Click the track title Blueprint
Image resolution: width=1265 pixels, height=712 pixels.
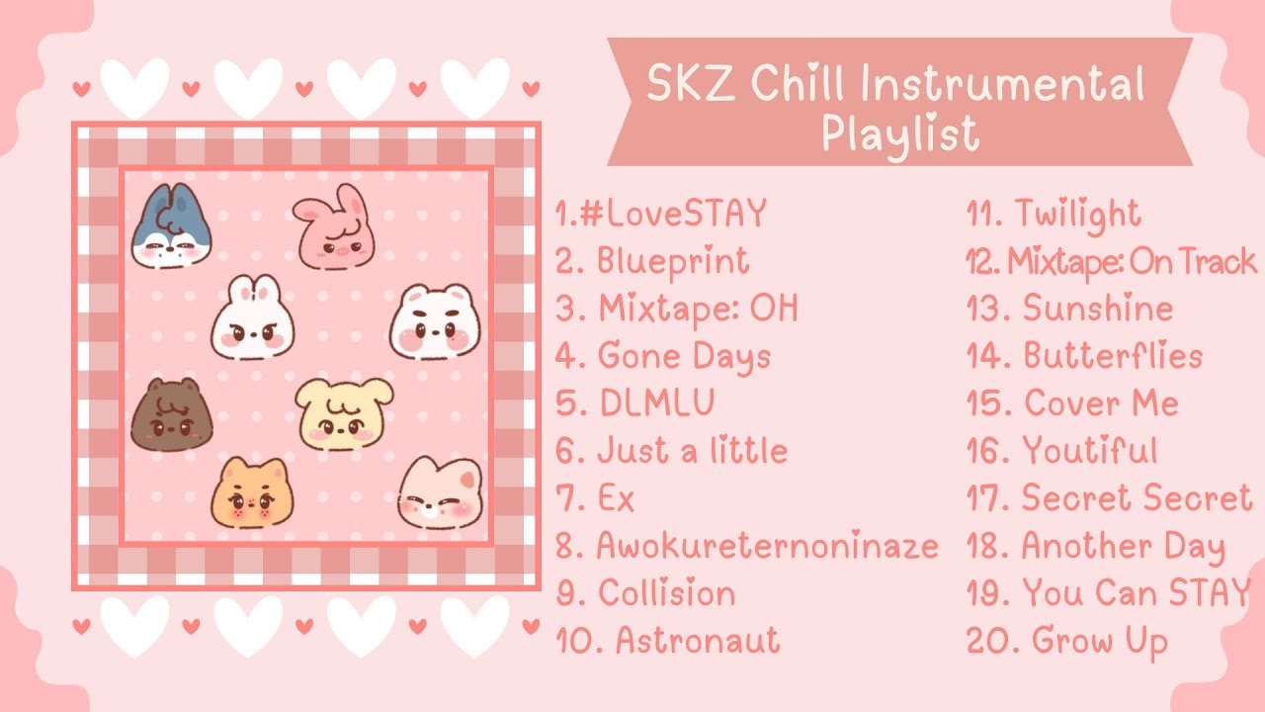point(672,262)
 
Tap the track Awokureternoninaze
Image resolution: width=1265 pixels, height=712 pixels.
point(767,546)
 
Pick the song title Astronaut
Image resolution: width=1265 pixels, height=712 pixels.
point(698,641)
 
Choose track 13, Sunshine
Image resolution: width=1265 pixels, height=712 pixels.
point(1097,310)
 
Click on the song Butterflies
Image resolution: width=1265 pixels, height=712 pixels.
point(1113,357)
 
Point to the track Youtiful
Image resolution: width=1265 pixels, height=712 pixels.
point(1090,452)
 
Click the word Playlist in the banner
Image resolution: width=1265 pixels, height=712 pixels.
point(899,133)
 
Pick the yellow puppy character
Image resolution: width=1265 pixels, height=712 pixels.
point(343,413)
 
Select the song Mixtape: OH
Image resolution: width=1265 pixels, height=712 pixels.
point(698,310)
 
